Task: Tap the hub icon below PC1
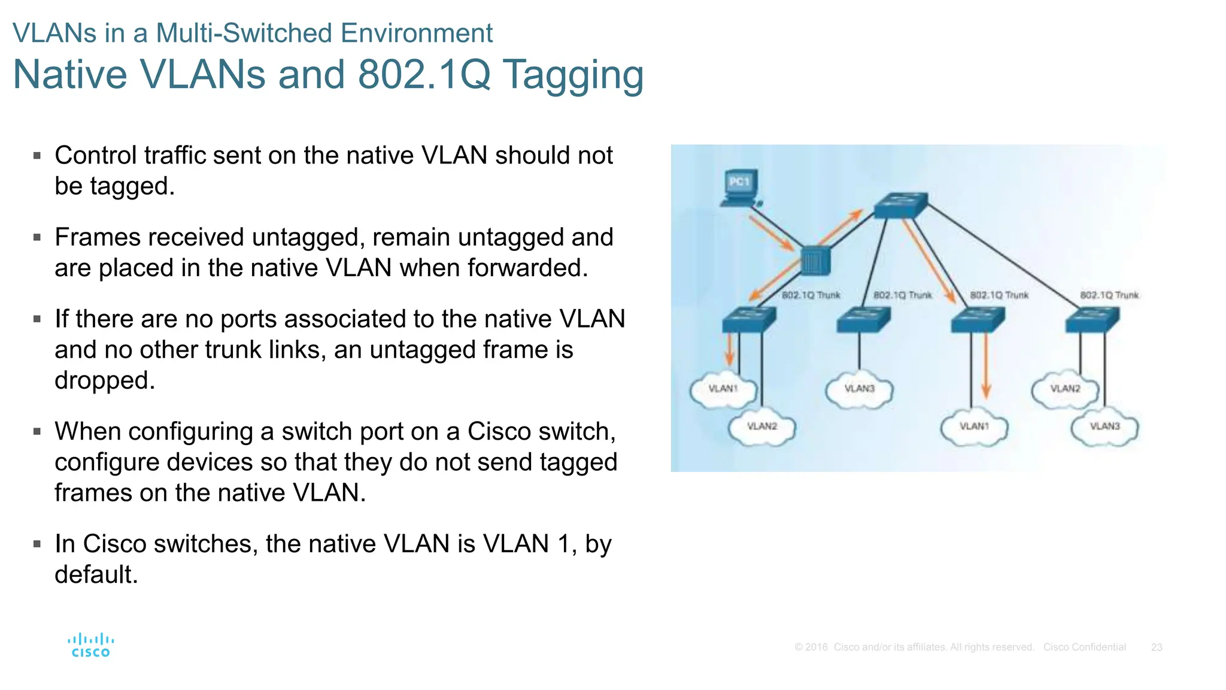[815, 261]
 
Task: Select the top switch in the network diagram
[900, 205]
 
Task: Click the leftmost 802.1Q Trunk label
[811, 295]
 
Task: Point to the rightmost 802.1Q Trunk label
[1109, 295]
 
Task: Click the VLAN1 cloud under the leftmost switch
[723, 390]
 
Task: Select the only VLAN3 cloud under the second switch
[859, 390]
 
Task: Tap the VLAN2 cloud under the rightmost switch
[1065, 390]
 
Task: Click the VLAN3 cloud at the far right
[1104, 428]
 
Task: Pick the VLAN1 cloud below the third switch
[974, 428]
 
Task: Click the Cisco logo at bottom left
[90, 646]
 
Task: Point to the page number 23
[1156, 647]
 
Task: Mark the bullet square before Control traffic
[37, 156]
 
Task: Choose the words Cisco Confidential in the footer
[1084, 647]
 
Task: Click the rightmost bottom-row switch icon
[1092, 320]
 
